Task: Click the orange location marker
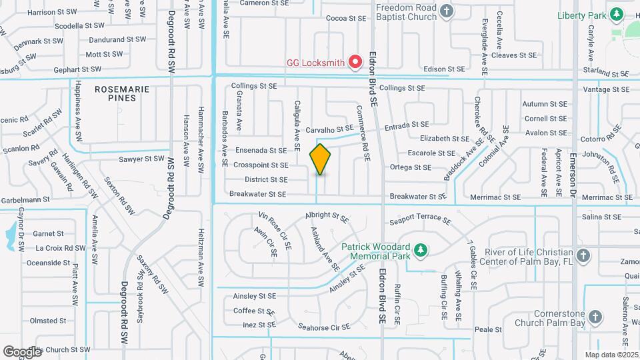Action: [x=321, y=159]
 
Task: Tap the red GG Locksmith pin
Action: [x=355, y=62]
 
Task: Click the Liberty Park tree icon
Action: [x=617, y=14]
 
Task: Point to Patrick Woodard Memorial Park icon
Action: [x=420, y=250]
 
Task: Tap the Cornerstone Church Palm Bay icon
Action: [x=595, y=317]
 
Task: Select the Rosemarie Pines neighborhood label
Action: [x=115, y=93]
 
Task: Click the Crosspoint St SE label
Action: [x=261, y=165]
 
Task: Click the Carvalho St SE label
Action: [x=329, y=129]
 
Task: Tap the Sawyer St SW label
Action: [x=141, y=159]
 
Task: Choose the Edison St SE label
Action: [x=444, y=69]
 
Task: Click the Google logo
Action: [x=22, y=351]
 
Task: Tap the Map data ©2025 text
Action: [x=610, y=355]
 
